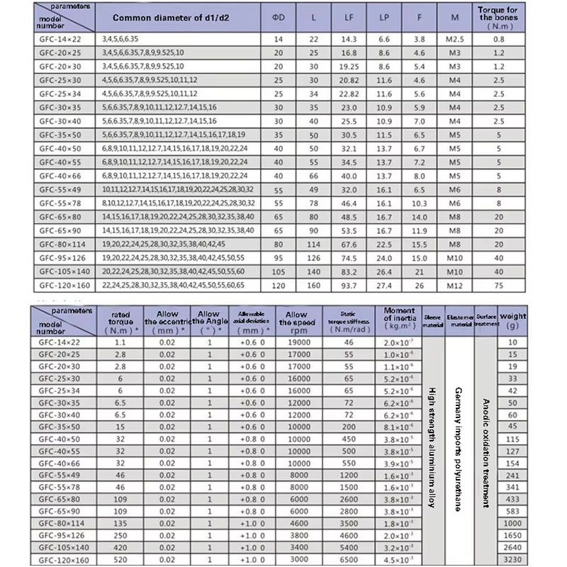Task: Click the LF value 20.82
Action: click(349, 80)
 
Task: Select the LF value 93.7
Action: click(349, 285)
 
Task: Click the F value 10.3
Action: click(420, 203)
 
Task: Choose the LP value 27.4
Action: click(385, 285)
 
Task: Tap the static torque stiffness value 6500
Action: click(348, 559)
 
